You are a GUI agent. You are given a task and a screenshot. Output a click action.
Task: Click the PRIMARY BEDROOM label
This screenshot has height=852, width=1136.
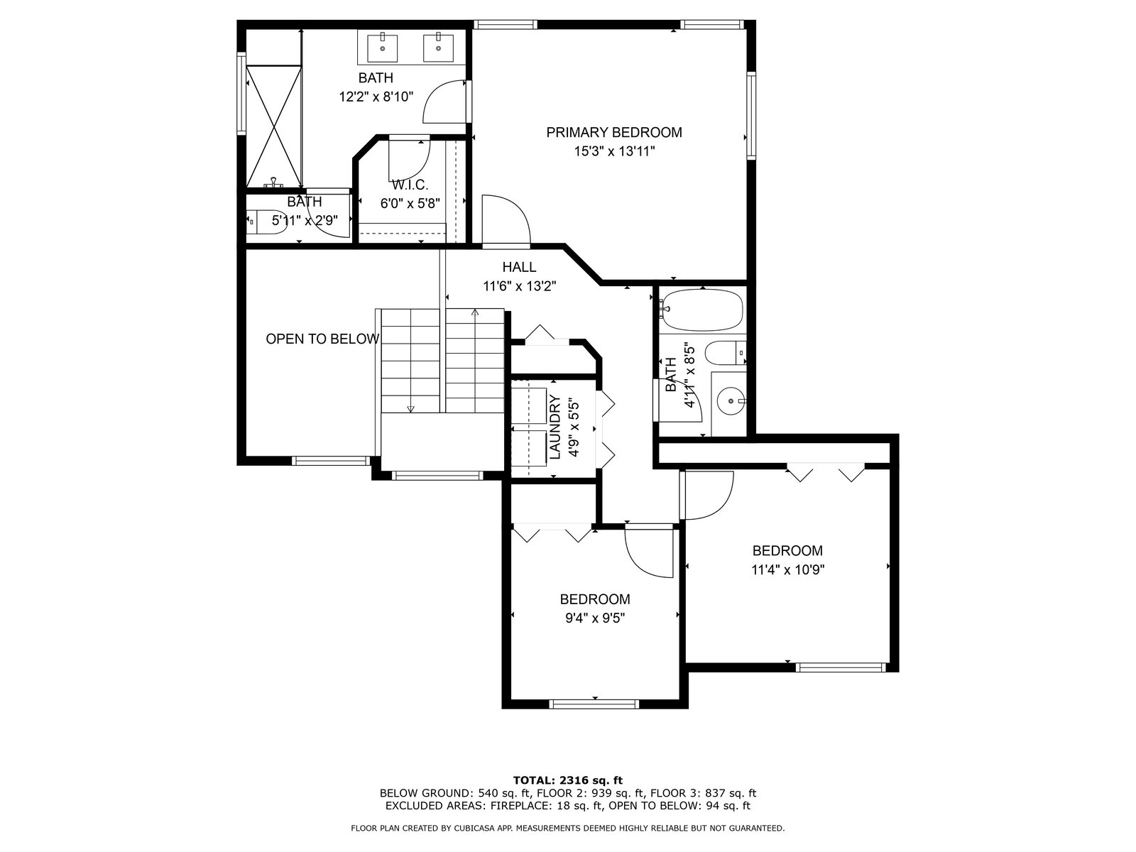pyautogui.click(x=614, y=133)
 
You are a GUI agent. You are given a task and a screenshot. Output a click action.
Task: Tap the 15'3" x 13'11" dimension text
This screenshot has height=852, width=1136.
pyautogui.click(x=614, y=151)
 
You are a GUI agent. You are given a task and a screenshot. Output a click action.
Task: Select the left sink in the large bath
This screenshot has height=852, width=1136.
pyautogui.click(x=383, y=48)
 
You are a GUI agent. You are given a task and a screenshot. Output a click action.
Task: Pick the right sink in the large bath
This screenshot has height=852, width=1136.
pyautogui.click(x=438, y=48)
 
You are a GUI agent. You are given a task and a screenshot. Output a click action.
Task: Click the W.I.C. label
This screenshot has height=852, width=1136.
pyautogui.click(x=410, y=185)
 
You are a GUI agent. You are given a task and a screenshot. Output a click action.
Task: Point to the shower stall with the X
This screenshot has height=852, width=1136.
pyautogui.click(x=274, y=126)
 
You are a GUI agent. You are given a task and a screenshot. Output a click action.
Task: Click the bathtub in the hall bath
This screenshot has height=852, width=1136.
pyautogui.click(x=701, y=310)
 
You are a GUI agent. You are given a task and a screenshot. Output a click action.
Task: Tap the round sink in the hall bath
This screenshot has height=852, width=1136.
pyautogui.click(x=731, y=400)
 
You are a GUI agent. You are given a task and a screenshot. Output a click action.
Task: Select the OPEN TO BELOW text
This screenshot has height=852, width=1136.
pyautogui.click(x=322, y=339)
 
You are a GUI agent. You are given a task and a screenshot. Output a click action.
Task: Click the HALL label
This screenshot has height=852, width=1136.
pyautogui.click(x=519, y=267)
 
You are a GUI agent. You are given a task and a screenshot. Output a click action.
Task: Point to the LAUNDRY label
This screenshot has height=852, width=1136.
pyautogui.click(x=555, y=427)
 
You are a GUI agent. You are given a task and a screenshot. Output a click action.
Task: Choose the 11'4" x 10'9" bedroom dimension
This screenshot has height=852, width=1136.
pyautogui.click(x=787, y=570)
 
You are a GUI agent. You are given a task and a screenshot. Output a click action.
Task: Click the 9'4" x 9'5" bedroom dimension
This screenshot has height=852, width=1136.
pyautogui.click(x=595, y=618)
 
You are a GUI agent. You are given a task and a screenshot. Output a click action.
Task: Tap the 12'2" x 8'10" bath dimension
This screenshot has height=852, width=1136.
pyautogui.click(x=376, y=97)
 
